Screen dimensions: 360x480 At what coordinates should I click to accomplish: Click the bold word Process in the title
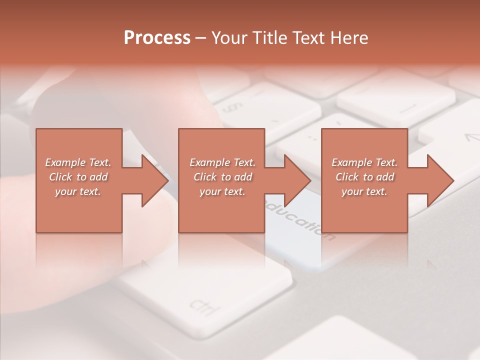click(x=157, y=38)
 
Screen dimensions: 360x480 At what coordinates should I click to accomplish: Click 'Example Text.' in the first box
click(x=78, y=162)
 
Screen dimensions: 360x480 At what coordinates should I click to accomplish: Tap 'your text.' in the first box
click(x=78, y=191)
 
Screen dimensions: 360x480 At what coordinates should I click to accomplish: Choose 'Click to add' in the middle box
click(x=222, y=177)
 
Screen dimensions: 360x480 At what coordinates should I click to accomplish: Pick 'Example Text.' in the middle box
click(x=222, y=162)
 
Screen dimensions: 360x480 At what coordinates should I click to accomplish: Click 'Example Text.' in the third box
click(x=364, y=162)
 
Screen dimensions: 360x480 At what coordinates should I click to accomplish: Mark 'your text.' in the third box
click(x=364, y=191)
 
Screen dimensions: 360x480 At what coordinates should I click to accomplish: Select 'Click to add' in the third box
click(x=364, y=177)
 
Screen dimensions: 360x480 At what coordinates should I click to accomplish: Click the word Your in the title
click(x=228, y=38)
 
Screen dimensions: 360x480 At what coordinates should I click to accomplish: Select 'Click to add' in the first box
click(x=78, y=177)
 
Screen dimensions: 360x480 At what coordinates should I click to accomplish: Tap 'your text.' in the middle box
click(x=222, y=191)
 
